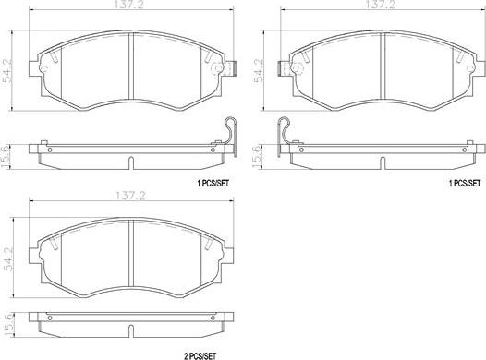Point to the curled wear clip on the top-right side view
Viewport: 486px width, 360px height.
(x=290, y=131)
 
